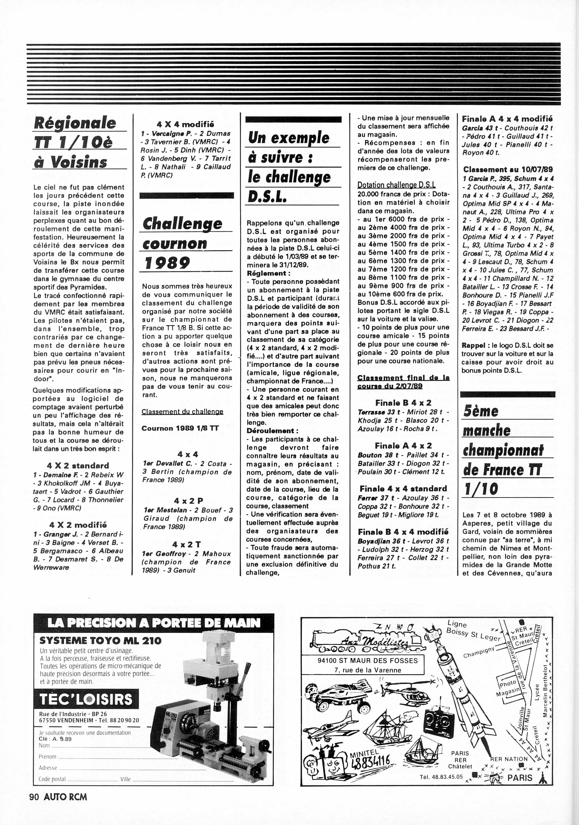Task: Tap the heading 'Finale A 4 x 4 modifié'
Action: click(x=507, y=119)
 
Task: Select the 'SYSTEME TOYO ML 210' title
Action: click(x=100, y=640)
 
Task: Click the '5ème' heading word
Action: click(x=481, y=411)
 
